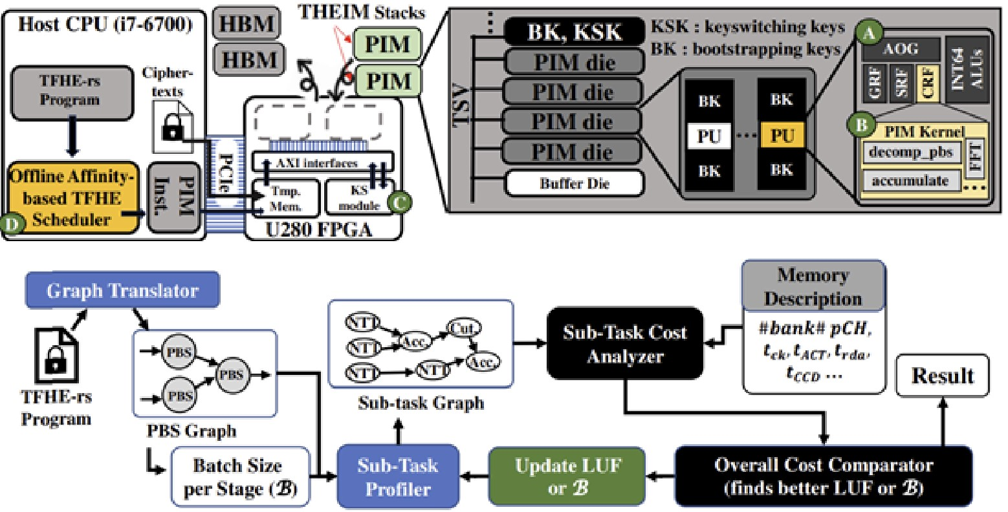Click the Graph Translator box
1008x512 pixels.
[122, 290]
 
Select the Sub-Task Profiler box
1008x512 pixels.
[398, 476]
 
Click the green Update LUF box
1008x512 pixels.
[567, 476]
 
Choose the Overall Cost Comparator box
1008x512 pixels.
[823, 476]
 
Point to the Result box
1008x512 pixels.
[942, 376]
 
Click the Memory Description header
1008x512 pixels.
[813, 286]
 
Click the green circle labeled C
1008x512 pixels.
[399, 202]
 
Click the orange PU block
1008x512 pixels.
[782, 136]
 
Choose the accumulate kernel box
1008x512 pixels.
[910, 181]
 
